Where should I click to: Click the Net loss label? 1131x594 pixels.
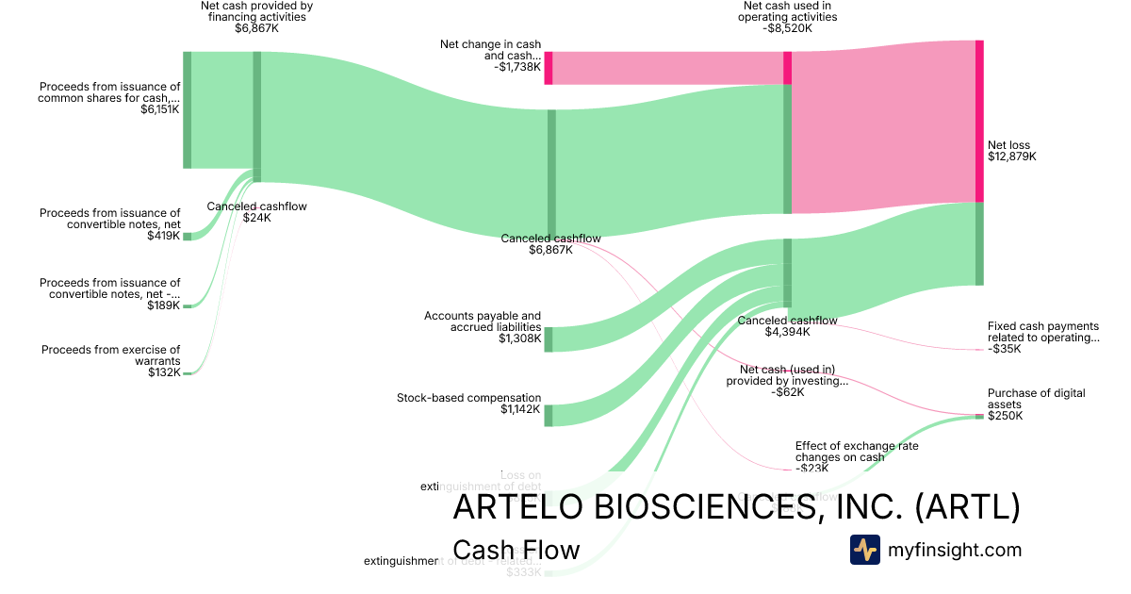coord(1008,145)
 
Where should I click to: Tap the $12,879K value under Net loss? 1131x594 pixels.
coord(1011,157)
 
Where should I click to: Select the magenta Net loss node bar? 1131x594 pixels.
coord(979,121)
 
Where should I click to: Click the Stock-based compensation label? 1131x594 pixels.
coord(469,398)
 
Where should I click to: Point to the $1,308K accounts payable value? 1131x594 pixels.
coord(520,338)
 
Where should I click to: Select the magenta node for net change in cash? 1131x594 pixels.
coord(548,68)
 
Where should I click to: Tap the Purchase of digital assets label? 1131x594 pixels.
coord(1036,399)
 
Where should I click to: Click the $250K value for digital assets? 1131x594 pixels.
coord(1005,416)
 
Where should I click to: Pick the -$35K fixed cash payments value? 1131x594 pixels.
coord(1004,349)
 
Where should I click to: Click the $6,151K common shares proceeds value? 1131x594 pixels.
coord(160,109)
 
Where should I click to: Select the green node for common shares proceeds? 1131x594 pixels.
coord(187,110)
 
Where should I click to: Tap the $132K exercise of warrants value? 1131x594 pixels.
coord(164,372)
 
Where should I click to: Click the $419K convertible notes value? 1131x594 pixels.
coord(164,236)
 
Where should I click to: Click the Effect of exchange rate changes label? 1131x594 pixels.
coord(856,452)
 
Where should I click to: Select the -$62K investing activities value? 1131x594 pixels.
coord(787,392)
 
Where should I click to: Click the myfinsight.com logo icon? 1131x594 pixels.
coord(864,550)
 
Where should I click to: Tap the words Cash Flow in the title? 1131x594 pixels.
coord(516,550)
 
